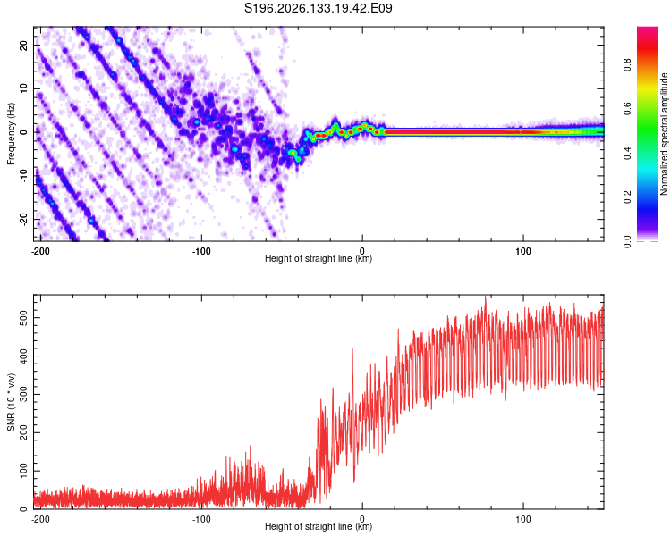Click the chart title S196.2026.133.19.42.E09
(318, 8)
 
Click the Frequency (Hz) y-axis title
(11, 134)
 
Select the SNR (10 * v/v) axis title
(11, 402)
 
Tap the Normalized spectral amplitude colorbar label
(664, 134)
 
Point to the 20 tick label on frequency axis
(23, 46)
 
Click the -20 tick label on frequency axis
(23, 219)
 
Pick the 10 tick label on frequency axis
(23, 88)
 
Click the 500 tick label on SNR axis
(23, 318)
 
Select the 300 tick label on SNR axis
(23, 394)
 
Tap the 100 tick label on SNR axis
(23, 471)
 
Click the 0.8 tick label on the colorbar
(627, 65)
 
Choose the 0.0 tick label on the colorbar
(627, 241)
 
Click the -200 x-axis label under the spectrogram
(40, 251)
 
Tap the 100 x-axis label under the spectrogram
(523, 251)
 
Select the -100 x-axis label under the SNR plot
(201, 519)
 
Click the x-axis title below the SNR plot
(319, 526)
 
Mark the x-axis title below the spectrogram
(319, 258)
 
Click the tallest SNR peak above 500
(485, 297)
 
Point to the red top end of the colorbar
(648, 29)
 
